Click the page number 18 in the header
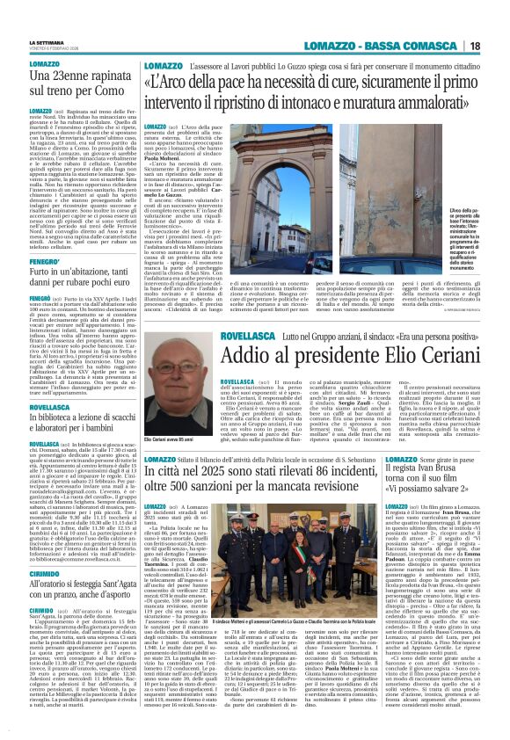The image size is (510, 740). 498,45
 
